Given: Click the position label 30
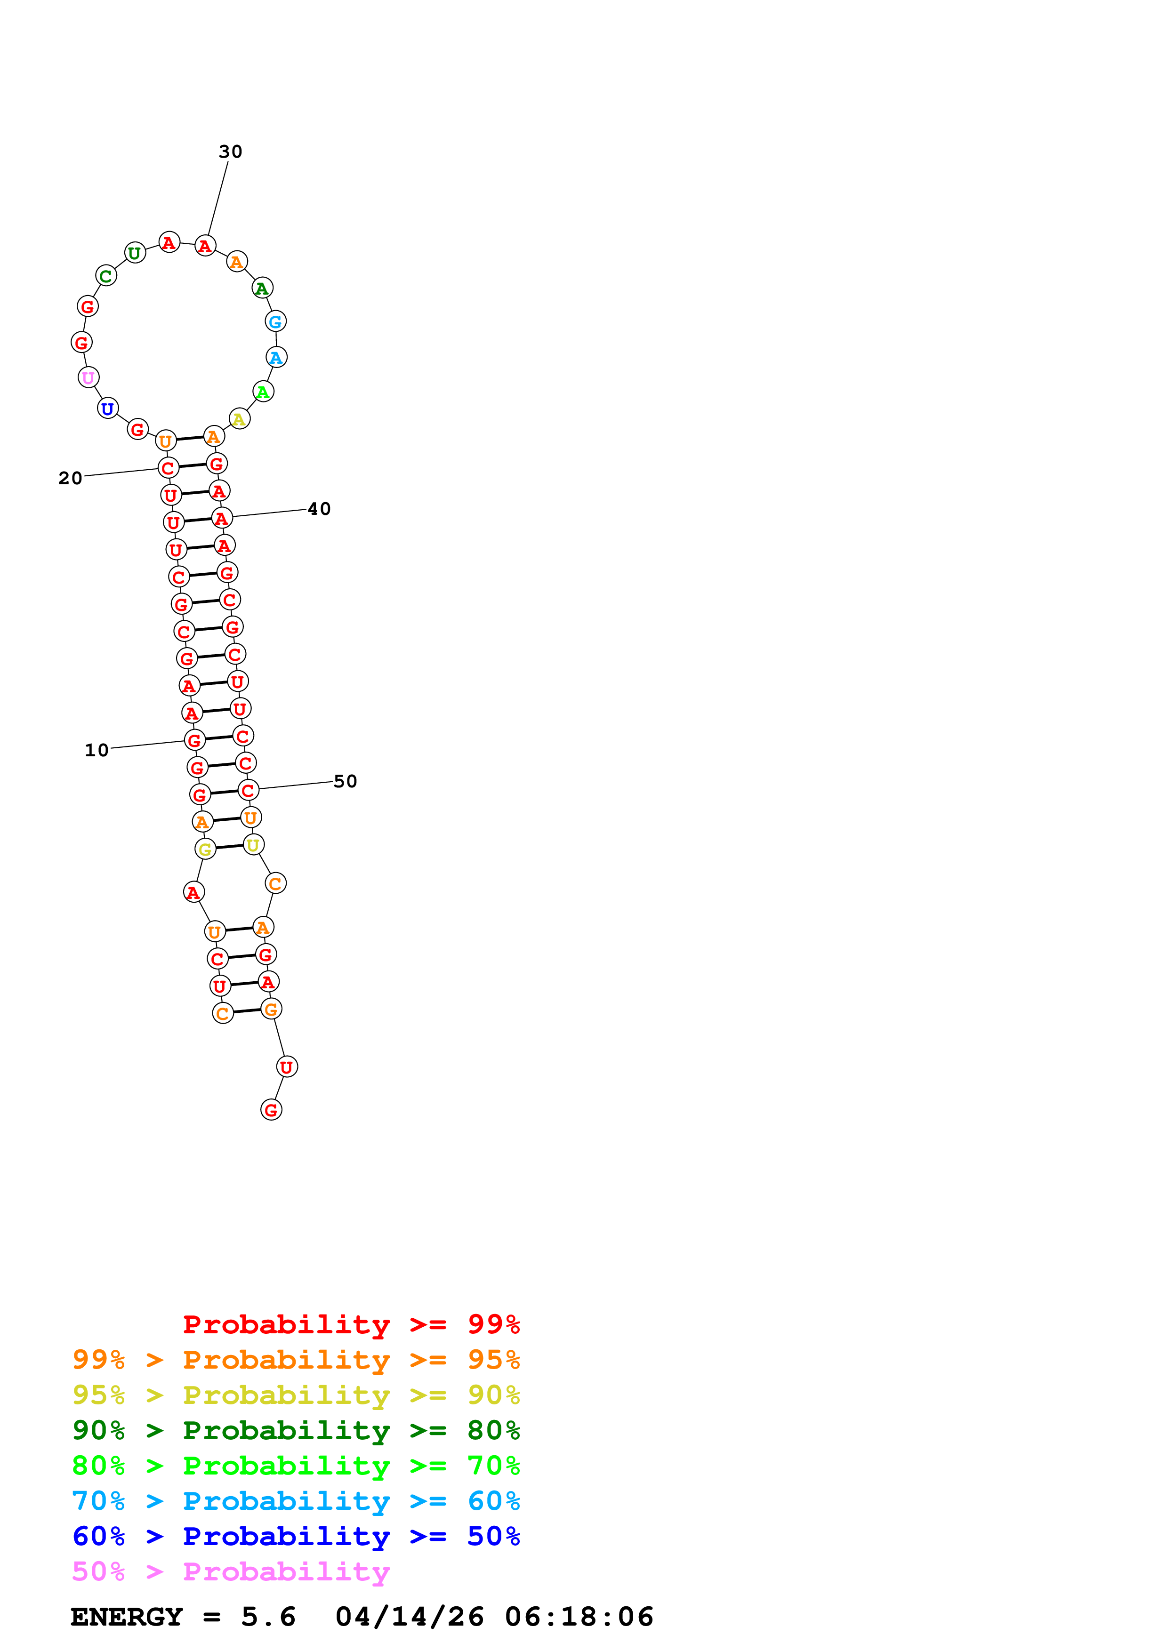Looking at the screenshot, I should [230, 152].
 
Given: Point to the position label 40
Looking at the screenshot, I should [319, 509].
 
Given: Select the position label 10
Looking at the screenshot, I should [97, 750].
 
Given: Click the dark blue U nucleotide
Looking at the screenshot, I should [108, 409].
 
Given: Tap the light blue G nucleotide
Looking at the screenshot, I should [275, 321].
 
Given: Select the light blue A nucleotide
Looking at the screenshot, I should [276, 357].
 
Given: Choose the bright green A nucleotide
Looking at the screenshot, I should [263, 392].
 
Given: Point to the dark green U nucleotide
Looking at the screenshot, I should [135, 253].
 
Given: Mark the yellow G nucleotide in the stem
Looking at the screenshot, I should [205, 849].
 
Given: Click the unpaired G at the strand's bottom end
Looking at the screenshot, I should [271, 1110].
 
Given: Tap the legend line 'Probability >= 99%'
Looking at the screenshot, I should [351, 1324].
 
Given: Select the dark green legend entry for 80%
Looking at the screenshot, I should [296, 1430].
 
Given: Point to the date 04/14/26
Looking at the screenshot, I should [409, 1617].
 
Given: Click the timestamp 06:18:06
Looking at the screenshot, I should [579, 1617].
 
